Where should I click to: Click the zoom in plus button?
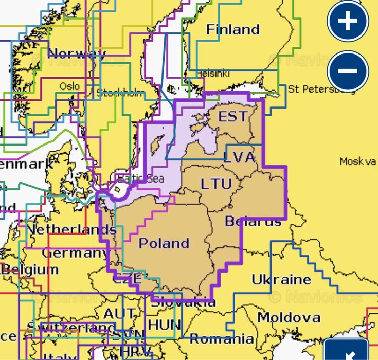point(348,22)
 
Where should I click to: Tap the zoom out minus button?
point(348,70)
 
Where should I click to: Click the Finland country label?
point(233,29)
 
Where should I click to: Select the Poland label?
point(164,243)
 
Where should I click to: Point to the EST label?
point(232,116)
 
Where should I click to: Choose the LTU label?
point(216,184)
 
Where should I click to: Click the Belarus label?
point(253,221)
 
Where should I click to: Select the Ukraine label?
point(281,279)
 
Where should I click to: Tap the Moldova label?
point(289,317)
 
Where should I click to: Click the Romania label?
point(222,338)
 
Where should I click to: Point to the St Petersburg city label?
point(321,89)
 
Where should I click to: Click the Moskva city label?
point(358,161)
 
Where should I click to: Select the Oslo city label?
point(69,86)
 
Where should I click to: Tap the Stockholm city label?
point(120,93)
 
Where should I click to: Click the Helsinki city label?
point(212,74)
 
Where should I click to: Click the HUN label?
point(164,325)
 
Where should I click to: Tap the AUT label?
point(120,313)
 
